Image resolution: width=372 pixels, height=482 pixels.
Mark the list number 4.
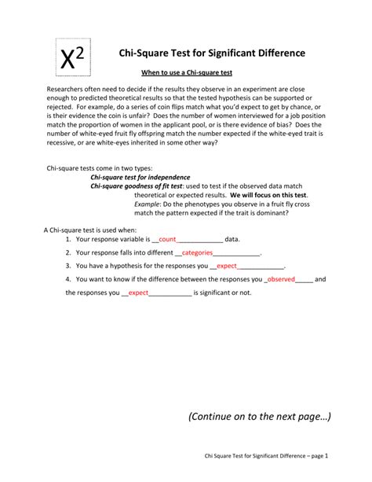68,279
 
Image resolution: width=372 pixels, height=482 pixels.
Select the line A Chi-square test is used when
83,229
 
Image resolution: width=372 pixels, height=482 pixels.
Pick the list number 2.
68,253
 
